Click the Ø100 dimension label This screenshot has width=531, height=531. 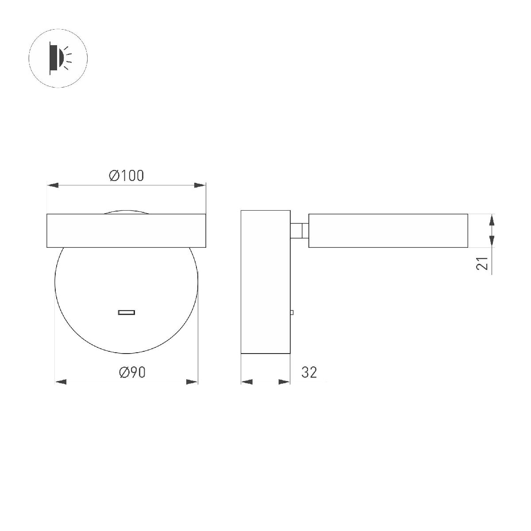(x=127, y=176)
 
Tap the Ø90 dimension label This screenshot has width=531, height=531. (x=132, y=372)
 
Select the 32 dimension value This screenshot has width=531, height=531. (x=309, y=372)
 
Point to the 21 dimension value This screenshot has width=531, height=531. (x=482, y=263)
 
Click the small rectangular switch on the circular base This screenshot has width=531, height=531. (x=127, y=312)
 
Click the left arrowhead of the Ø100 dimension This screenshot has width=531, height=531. (x=53, y=185)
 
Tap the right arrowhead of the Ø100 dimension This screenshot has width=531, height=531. (x=200, y=185)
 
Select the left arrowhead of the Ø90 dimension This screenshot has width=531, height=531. (x=61, y=382)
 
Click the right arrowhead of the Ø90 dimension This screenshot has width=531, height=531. (x=192, y=382)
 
